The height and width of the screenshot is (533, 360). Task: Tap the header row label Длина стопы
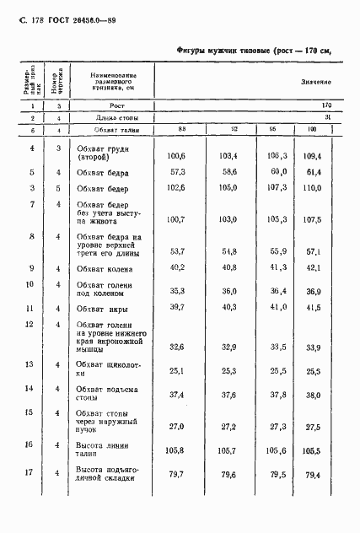pos(104,118)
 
